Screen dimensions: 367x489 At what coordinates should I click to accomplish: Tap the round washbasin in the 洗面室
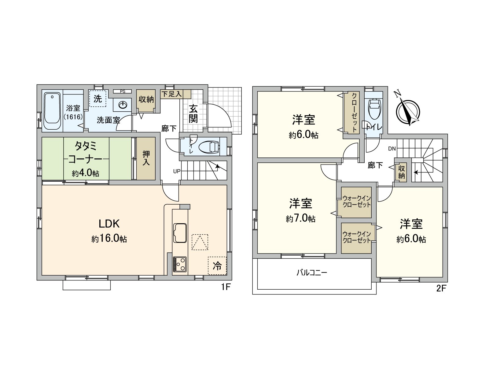[x=123, y=105]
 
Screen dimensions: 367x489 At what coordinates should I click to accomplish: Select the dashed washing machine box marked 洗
[x=98, y=98]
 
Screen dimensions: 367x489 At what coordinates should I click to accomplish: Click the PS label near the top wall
[x=123, y=91]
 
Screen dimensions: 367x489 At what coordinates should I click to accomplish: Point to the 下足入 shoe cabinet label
[x=171, y=94]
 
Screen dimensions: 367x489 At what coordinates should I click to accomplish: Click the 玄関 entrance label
[x=193, y=114]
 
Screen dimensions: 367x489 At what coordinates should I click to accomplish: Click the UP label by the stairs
[x=177, y=171]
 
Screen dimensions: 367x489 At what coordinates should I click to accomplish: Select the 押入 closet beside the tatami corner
[x=146, y=158]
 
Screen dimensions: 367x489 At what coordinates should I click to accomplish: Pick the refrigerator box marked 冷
[x=217, y=266]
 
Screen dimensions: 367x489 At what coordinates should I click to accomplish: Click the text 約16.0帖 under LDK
[x=109, y=239]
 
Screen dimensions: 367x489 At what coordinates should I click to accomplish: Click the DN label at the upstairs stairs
[x=392, y=149]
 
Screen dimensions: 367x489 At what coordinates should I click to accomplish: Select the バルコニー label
[x=312, y=272]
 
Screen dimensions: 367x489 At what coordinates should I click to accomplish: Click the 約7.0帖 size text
[x=301, y=219]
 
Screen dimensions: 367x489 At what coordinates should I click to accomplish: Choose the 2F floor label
[x=441, y=288]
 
